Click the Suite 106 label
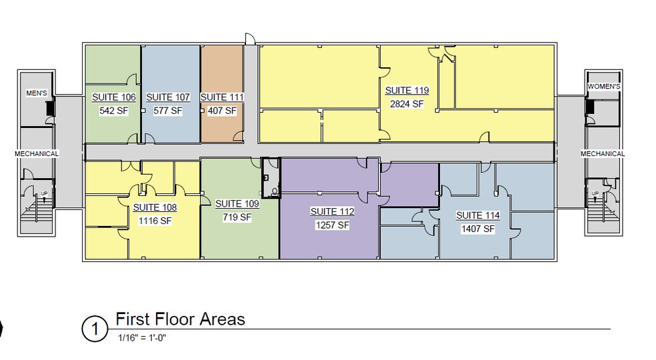click(113, 97)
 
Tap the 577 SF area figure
click(168, 111)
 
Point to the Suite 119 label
click(407, 91)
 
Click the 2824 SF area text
click(407, 103)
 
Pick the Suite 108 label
click(155, 207)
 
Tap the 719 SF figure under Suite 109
click(237, 217)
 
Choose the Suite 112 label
click(332, 211)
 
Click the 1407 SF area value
click(477, 229)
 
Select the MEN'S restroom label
click(36, 93)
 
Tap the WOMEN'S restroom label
click(605, 87)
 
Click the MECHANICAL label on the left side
click(37, 154)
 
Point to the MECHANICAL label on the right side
click(603, 154)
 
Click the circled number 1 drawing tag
click(94, 328)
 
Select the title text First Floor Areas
click(180, 319)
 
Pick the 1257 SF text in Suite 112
click(332, 225)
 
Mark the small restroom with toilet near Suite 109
click(271, 178)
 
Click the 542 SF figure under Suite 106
click(113, 111)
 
